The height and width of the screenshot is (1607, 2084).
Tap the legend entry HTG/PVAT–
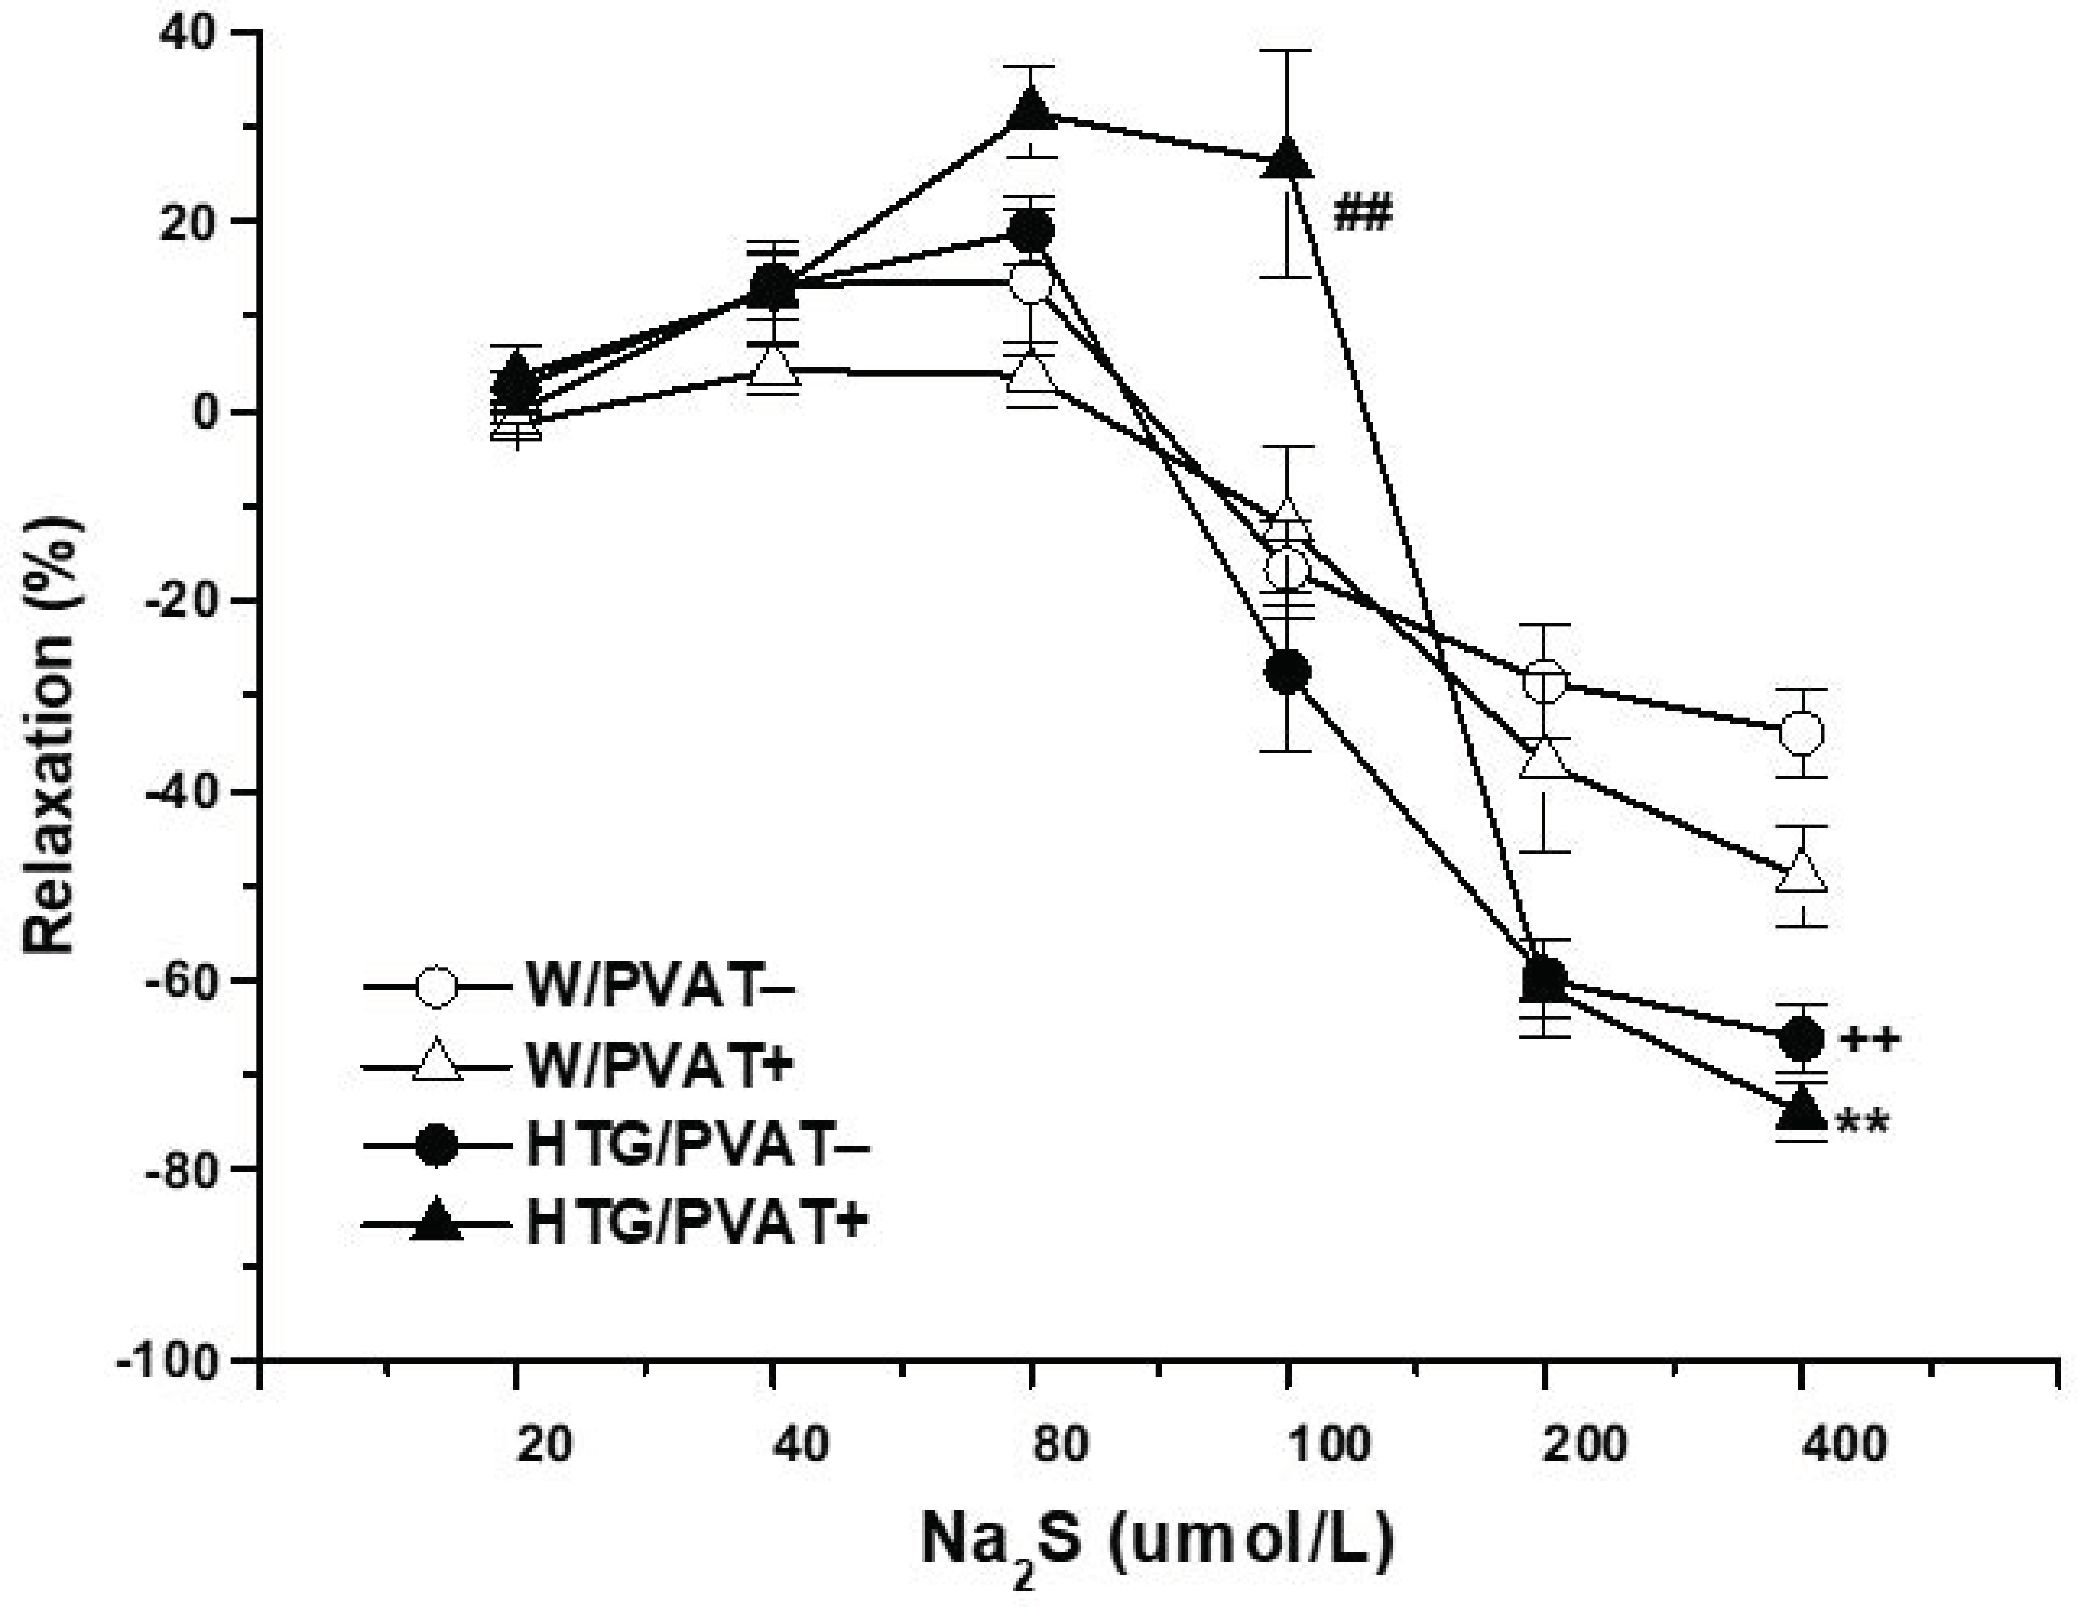[x=696, y=1146]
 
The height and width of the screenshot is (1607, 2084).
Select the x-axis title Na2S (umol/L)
[x=1157, y=1542]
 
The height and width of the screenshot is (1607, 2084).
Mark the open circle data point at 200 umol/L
[x=1545, y=681]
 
